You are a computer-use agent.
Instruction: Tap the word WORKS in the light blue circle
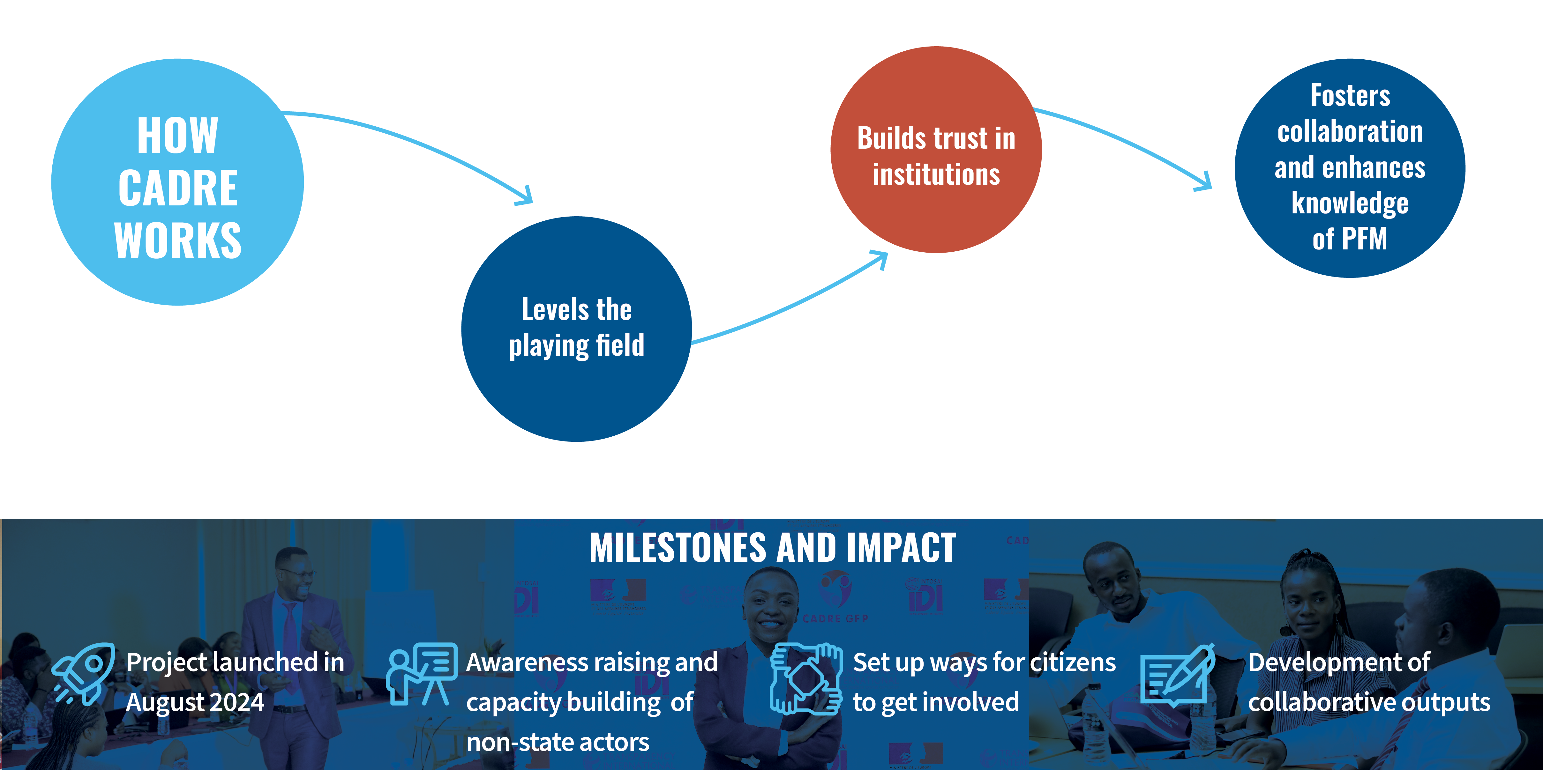pyautogui.click(x=178, y=240)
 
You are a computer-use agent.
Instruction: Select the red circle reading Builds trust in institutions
pyautogui.click(x=936, y=150)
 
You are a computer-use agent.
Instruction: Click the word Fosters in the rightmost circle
pyautogui.click(x=1350, y=96)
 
